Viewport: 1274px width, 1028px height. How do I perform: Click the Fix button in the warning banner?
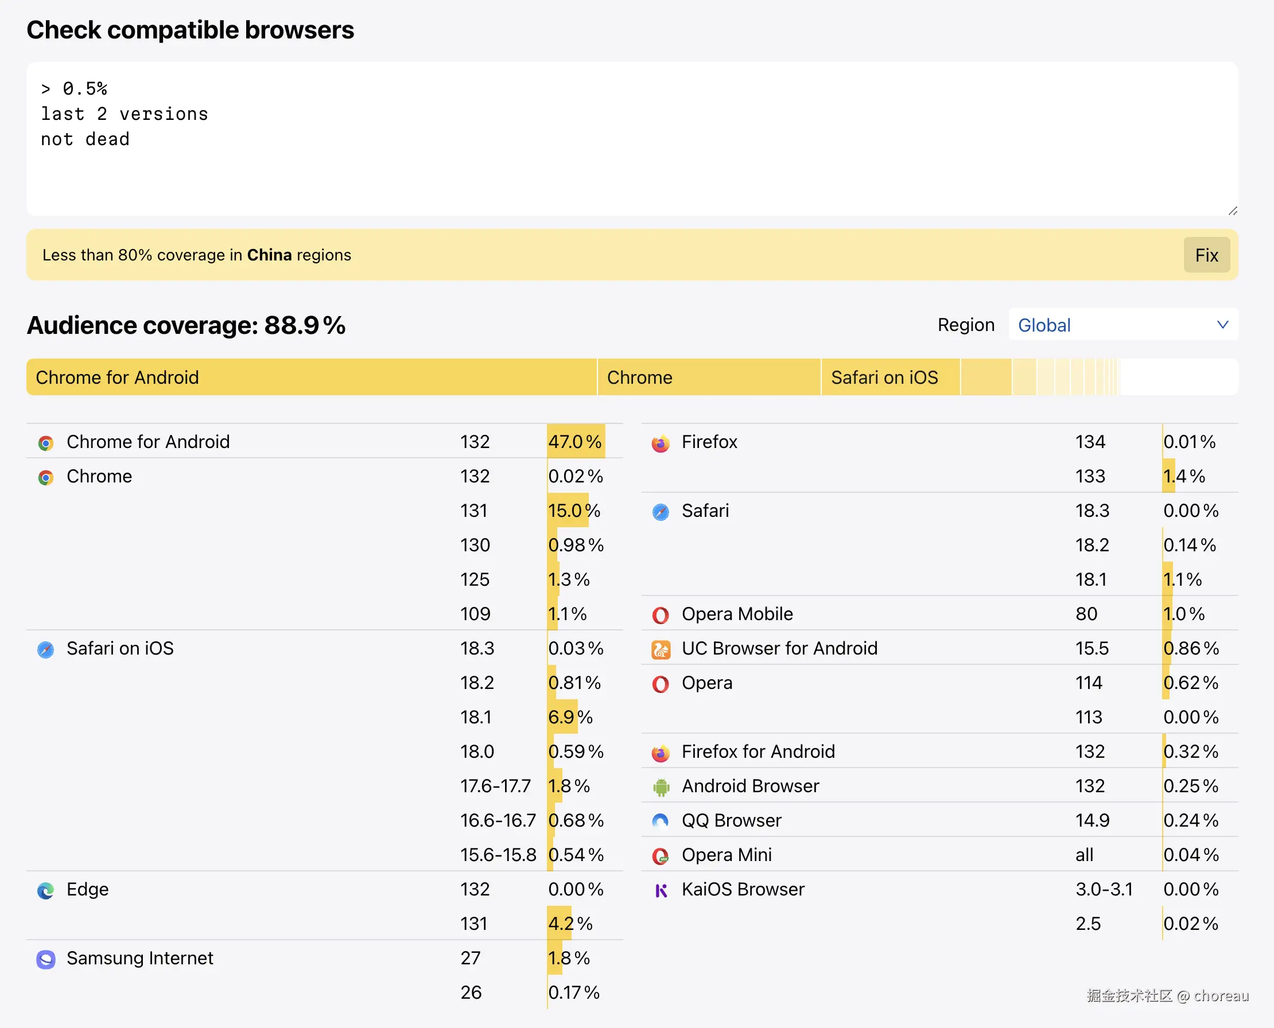[1206, 255]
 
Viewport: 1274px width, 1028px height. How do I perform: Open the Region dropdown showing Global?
[1122, 325]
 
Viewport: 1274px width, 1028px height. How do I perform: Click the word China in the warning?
[270, 255]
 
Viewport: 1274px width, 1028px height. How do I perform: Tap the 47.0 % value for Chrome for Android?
[574, 442]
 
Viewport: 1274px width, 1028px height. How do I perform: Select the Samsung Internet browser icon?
[45, 959]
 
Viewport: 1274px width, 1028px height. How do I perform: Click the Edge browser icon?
[45, 890]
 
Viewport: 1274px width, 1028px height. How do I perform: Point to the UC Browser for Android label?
[779, 648]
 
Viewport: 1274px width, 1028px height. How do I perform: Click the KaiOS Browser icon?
[661, 890]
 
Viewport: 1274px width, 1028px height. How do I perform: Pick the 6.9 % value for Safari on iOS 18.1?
[570, 717]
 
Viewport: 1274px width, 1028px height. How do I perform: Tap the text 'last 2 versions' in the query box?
[125, 114]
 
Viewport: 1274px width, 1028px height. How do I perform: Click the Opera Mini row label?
[726, 855]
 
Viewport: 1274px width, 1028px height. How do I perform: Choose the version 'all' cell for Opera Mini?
[1084, 855]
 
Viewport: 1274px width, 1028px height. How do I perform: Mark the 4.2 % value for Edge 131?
[570, 924]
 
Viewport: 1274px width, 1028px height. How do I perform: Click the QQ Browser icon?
[661, 821]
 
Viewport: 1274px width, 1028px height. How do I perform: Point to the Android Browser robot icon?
[661, 787]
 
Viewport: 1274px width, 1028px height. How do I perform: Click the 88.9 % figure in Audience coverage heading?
[304, 325]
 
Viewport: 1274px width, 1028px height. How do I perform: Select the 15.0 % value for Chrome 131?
[574, 511]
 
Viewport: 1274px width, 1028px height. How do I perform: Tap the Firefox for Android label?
[758, 751]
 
